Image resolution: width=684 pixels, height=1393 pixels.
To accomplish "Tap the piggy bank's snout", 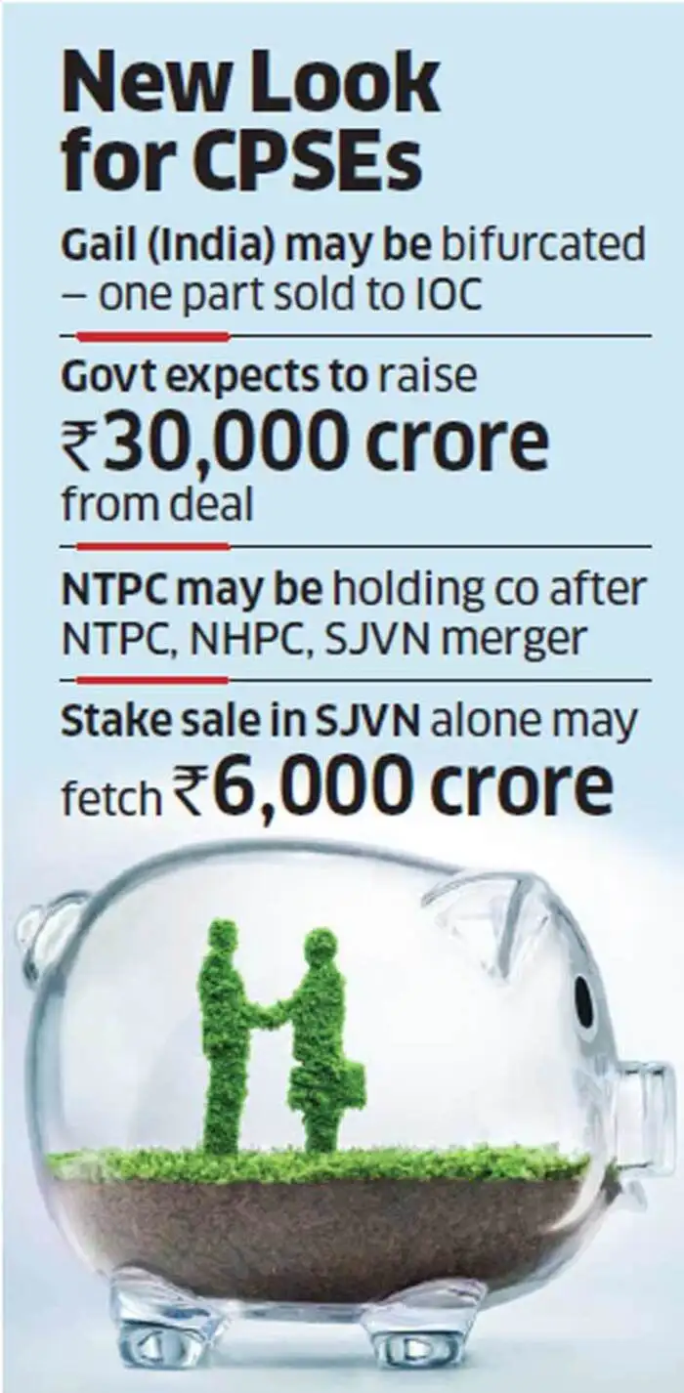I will click(x=650, y=1104).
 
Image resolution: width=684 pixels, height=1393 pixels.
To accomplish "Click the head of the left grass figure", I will click(x=223, y=939).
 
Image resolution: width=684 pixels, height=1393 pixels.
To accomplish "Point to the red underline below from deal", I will click(x=151, y=547).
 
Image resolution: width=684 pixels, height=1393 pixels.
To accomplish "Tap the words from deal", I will click(x=157, y=506).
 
